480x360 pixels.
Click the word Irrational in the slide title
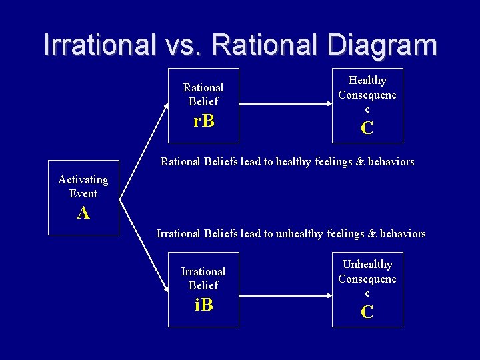coord(99,45)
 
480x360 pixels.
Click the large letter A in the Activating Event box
coord(83,213)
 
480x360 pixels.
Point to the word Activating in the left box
coord(83,179)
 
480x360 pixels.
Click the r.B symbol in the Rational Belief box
coord(203,121)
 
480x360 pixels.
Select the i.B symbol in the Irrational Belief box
coord(203,305)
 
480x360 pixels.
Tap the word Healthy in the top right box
coord(367,80)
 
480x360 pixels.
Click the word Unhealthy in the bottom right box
coord(367,264)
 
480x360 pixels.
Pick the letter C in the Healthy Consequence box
coord(367,128)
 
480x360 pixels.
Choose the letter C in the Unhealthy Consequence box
coord(367,311)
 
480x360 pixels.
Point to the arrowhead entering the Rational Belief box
coord(165,107)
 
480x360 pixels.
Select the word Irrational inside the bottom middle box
coord(203,271)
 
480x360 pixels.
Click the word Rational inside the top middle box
coord(203,87)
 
